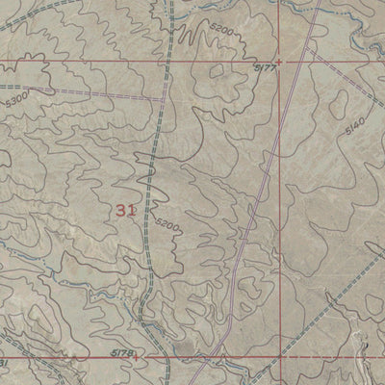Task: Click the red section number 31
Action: click(x=124, y=210)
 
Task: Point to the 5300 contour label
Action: click(x=15, y=96)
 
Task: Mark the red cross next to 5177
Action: click(x=278, y=63)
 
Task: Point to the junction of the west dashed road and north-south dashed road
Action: click(x=162, y=98)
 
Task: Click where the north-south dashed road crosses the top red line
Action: click(x=166, y=63)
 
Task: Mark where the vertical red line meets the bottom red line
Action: click(x=285, y=357)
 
